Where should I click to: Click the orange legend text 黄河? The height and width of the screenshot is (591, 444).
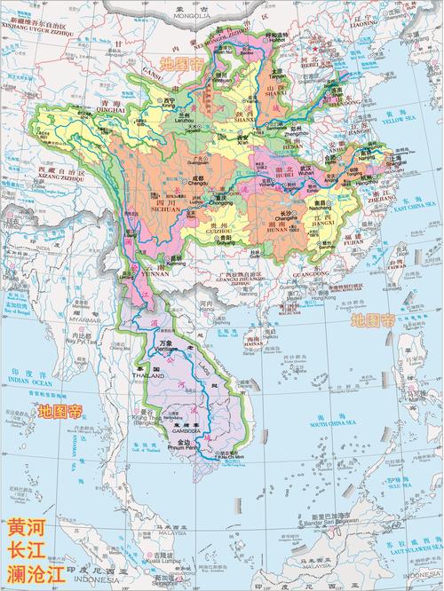point(25,526)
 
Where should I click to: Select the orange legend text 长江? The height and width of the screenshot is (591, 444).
point(25,550)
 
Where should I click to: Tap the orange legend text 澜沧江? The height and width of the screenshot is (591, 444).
point(34,574)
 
